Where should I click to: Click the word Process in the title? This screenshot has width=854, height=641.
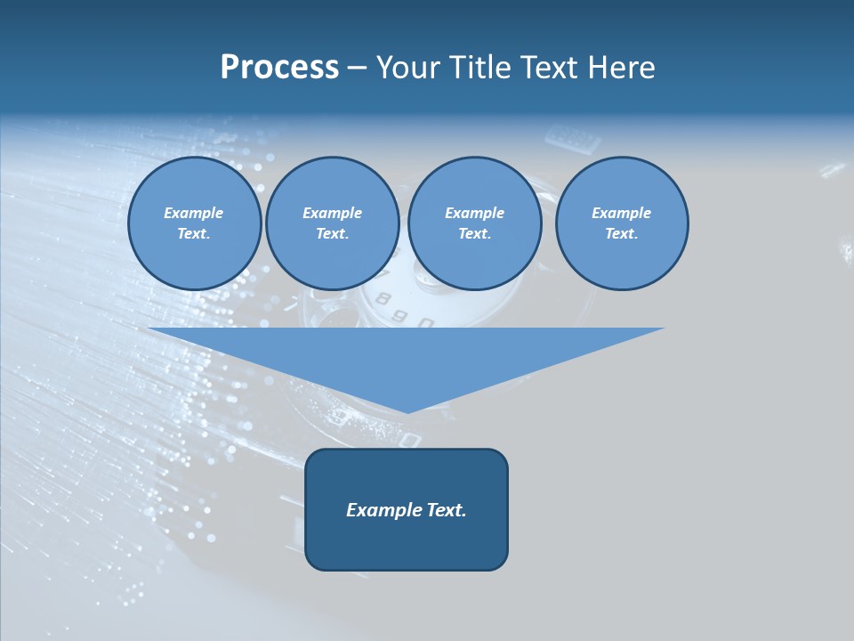[x=279, y=68]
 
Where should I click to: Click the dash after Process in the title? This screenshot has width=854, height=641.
[x=358, y=69]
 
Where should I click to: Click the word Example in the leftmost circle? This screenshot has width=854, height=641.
[x=194, y=213]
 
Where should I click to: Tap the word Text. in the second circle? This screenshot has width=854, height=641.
[x=332, y=234]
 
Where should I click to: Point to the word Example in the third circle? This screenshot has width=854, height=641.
[x=474, y=213]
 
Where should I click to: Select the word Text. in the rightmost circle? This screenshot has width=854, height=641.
[x=621, y=234]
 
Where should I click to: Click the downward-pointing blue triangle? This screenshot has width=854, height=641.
[x=407, y=356]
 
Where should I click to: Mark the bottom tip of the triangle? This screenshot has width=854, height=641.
[x=407, y=411]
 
